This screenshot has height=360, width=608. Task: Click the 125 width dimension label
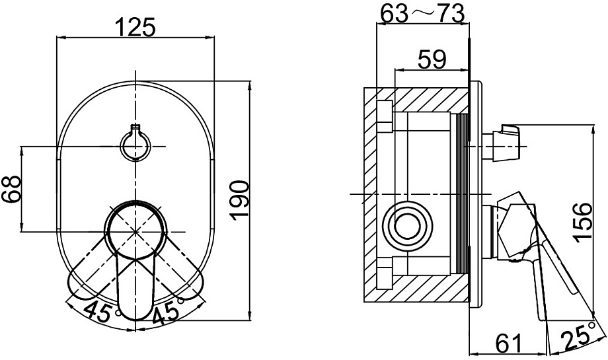click(x=135, y=26)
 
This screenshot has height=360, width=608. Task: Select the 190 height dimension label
click(x=239, y=200)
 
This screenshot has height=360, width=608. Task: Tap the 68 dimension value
click(x=11, y=189)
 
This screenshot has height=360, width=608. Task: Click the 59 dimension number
click(x=432, y=59)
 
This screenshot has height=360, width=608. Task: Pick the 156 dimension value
click(x=583, y=223)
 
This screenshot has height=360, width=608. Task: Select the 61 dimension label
click(x=508, y=342)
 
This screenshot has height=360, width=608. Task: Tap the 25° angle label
click(x=578, y=338)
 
